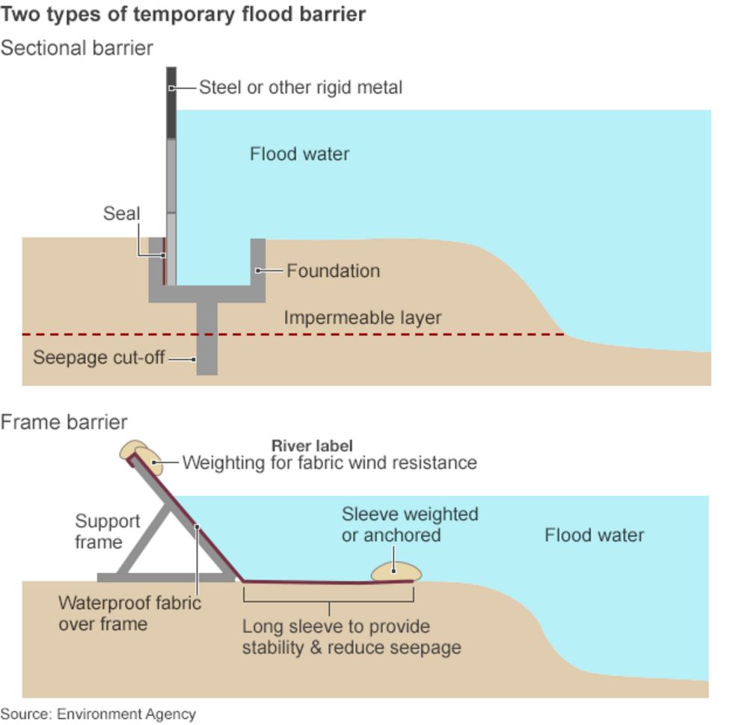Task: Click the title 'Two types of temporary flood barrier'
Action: [183, 14]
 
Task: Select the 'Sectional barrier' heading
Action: [77, 48]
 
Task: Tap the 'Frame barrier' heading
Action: [64, 422]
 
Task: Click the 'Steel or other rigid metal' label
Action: [300, 88]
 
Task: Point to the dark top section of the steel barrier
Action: [171, 103]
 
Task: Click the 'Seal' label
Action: [121, 214]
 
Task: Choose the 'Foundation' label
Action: [333, 271]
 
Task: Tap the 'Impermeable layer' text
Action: [362, 318]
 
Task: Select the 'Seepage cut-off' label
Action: [99, 358]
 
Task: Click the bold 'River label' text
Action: [312, 446]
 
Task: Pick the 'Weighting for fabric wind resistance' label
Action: [329, 462]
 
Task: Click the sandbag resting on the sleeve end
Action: [396, 572]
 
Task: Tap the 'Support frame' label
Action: [107, 531]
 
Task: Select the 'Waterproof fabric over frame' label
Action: [129, 613]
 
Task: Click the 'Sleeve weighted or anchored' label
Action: [409, 524]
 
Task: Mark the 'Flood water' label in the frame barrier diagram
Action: [594, 535]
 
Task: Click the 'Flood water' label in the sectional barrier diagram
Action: [299, 154]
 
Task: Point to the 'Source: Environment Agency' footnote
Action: [98, 714]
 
